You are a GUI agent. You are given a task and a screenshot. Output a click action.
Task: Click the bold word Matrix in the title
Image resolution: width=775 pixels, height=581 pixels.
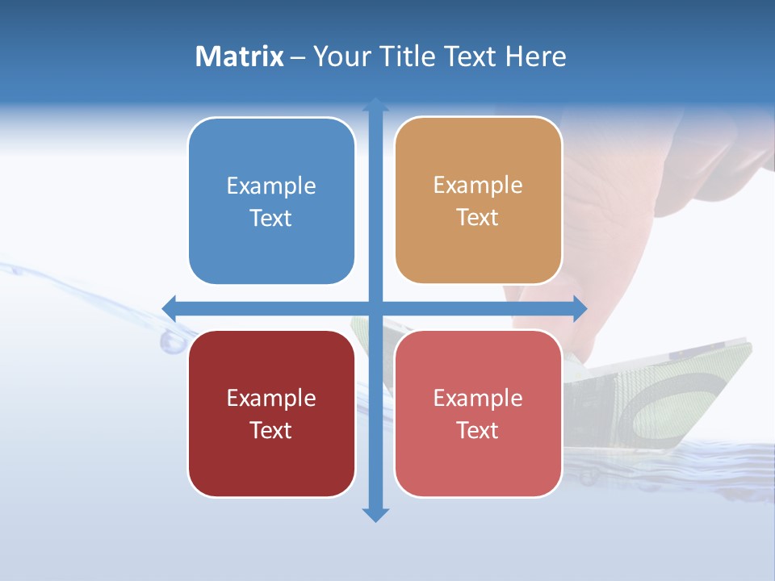click(x=239, y=56)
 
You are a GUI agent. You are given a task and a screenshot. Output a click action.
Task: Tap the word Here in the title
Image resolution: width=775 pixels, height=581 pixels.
click(x=535, y=56)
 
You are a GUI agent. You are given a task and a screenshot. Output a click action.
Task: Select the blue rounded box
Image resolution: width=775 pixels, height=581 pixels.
click(x=271, y=201)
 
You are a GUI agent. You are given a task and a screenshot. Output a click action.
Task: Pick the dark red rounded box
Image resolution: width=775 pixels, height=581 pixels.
click(x=271, y=413)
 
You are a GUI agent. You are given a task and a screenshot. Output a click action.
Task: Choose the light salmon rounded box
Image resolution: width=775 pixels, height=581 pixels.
click(x=478, y=413)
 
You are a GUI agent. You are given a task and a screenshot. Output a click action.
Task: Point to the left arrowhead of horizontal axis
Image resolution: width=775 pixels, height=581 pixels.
click(x=169, y=307)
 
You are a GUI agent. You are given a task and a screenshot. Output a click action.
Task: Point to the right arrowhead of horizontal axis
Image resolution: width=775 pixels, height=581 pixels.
click(x=580, y=307)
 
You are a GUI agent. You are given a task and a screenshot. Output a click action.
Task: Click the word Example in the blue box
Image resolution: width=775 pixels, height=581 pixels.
click(x=271, y=186)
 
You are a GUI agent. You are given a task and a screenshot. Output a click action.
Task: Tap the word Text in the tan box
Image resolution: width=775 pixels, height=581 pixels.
click(x=477, y=217)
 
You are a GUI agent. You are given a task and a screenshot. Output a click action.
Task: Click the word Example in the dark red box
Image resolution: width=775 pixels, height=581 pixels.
click(x=271, y=398)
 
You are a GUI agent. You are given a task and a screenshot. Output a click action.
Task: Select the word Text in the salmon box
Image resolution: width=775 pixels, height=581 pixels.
click(x=477, y=430)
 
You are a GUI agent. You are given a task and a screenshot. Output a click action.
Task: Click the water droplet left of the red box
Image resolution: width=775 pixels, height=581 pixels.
click(x=172, y=342)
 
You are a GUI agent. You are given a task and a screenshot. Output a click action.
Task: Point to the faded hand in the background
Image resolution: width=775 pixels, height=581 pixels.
click(x=646, y=186)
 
